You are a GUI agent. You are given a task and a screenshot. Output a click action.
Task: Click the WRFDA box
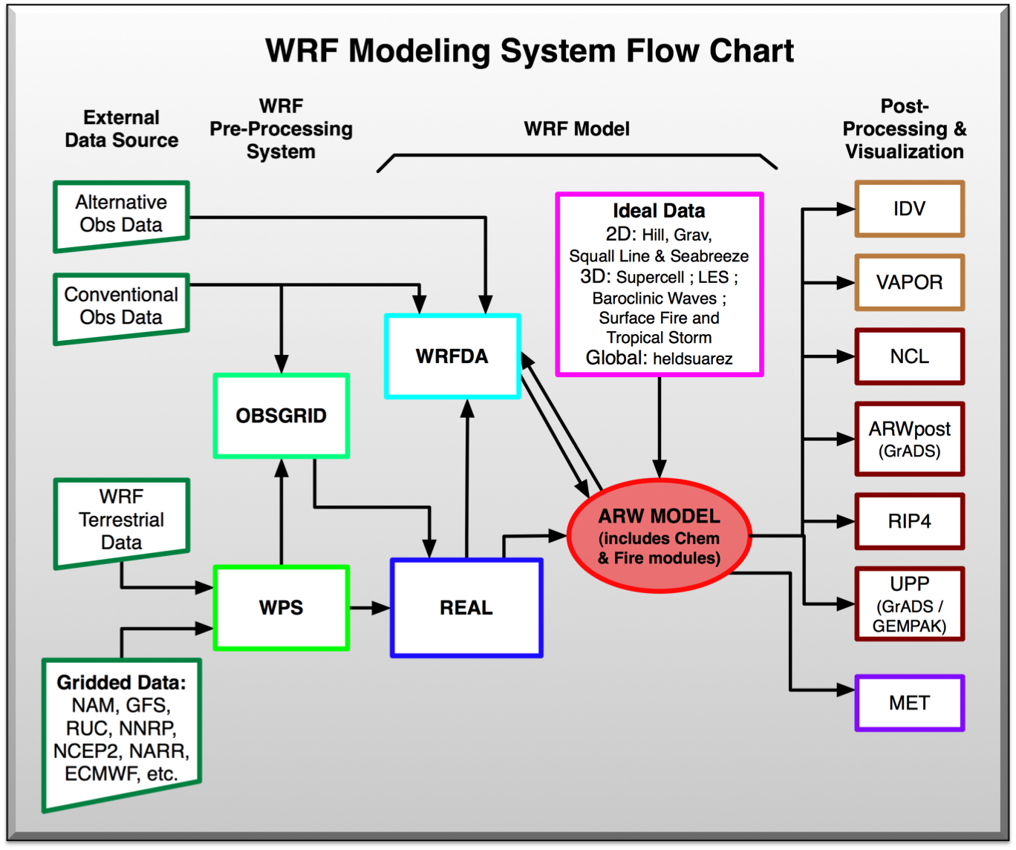click(x=452, y=356)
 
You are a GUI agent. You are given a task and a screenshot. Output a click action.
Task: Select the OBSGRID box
click(x=281, y=416)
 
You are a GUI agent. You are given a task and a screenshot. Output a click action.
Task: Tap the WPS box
click(x=281, y=608)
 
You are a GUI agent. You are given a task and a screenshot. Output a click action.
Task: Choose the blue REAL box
click(x=466, y=608)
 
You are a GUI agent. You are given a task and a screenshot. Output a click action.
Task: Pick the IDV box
click(x=909, y=209)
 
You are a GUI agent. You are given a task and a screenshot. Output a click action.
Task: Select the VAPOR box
click(x=909, y=282)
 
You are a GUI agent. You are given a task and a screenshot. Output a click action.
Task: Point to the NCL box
click(x=909, y=356)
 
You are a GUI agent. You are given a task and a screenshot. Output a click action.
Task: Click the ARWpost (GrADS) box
click(x=909, y=439)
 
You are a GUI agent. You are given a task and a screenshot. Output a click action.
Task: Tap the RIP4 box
click(x=909, y=521)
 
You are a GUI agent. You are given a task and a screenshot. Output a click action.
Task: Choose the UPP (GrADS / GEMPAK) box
click(x=909, y=604)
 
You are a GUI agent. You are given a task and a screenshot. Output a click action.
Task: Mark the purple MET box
click(x=909, y=703)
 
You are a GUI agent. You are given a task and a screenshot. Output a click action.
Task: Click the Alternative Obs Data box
click(x=121, y=215)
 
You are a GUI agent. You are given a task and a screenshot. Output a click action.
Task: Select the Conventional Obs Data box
click(x=121, y=307)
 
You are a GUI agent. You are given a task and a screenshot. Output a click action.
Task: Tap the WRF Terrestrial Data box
click(x=121, y=520)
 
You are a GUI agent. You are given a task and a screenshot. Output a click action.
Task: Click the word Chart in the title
click(x=751, y=51)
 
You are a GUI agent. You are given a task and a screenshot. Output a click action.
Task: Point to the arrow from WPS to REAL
click(x=370, y=608)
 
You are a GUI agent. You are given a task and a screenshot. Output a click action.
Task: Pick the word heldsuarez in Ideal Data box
click(x=692, y=359)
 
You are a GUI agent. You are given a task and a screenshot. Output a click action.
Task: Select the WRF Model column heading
click(x=576, y=129)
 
